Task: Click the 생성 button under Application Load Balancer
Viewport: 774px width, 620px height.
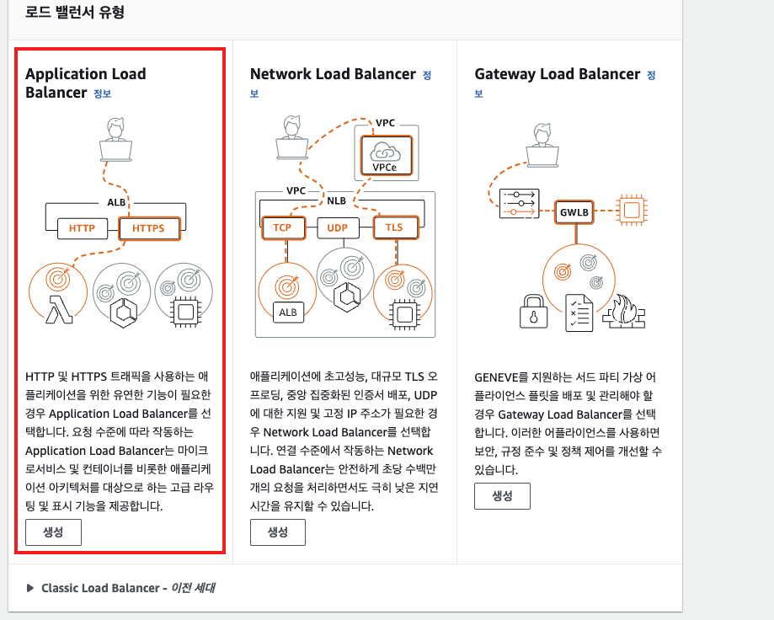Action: [x=53, y=532]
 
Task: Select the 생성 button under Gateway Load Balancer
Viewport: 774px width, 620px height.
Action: [x=502, y=496]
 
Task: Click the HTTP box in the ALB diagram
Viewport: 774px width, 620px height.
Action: [x=82, y=228]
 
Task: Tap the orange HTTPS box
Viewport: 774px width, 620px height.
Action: [x=148, y=228]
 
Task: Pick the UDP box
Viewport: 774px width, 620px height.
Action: [x=337, y=228]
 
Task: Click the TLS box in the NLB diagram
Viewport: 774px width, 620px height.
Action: [x=394, y=228]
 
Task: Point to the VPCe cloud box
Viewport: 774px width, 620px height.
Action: [x=385, y=157]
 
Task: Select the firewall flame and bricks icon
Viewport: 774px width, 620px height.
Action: [x=624, y=313]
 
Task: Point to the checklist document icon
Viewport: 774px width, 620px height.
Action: [x=579, y=313]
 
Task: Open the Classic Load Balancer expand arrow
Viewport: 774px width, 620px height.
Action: [x=30, y=588]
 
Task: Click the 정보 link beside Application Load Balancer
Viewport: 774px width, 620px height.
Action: [x=102, y=94]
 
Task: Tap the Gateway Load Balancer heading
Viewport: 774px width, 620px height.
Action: [x=558, y=74]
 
